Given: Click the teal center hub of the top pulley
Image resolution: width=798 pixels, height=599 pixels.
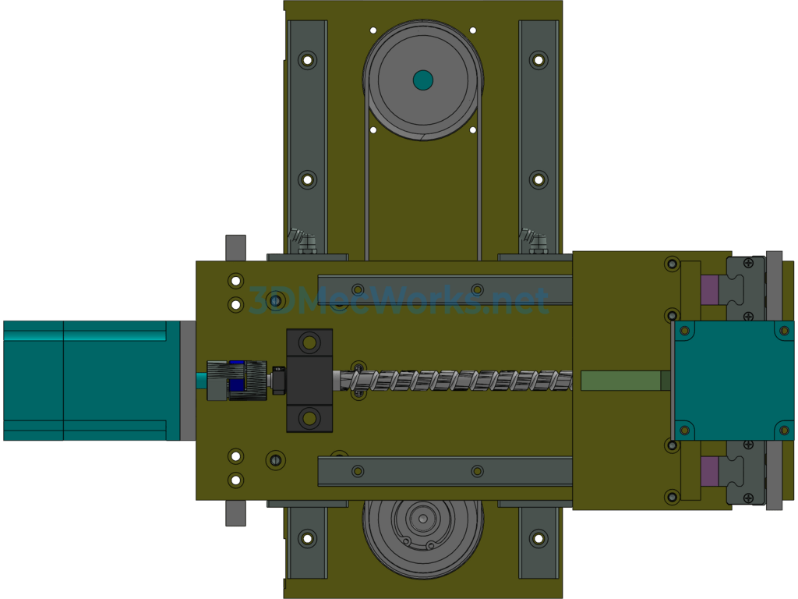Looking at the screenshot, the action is (423, 80).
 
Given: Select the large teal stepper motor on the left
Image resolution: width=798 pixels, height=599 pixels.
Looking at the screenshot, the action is (92, 381).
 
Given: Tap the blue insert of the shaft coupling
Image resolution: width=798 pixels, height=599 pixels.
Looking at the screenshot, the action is (237, 380).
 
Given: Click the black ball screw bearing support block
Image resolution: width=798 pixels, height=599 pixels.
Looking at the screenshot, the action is (309, 381).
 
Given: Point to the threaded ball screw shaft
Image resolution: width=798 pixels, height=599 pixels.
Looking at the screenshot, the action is (453, 381).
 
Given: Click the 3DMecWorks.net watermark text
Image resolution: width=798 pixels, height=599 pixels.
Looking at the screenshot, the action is (398, 300).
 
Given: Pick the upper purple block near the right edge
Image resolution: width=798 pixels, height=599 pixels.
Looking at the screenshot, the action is (709, 290).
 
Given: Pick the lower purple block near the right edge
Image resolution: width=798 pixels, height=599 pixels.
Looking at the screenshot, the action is (709, 471).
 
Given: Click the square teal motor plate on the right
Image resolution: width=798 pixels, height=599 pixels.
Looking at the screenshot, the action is (733, 381).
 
